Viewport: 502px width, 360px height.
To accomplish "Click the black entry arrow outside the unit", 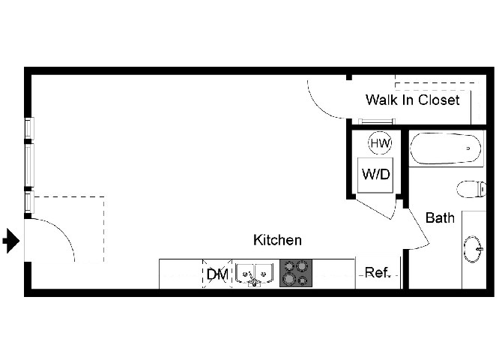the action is (11, 241).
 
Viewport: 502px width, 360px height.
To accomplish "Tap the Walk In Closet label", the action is (413, 100).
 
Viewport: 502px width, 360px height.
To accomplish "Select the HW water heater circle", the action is (380, 143).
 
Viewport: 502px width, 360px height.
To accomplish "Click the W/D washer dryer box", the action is (375, 175).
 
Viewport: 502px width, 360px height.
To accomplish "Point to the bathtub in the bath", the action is (446, 148).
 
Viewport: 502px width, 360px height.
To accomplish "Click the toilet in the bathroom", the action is (471, 189).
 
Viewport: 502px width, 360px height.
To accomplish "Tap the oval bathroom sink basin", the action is (472, 249).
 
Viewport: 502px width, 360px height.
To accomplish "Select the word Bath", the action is (440, 218).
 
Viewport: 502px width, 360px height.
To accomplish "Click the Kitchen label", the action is (277, 240).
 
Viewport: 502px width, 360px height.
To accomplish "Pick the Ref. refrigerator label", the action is (378, 272).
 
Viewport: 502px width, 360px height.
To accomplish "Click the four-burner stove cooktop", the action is (296, 273).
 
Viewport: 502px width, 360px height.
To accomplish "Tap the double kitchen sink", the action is (255, 274).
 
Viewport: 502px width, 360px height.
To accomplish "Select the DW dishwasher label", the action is (217, 274).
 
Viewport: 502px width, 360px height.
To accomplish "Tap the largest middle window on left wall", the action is (29, 166).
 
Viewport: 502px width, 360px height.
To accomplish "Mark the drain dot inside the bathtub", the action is (468, 148).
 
